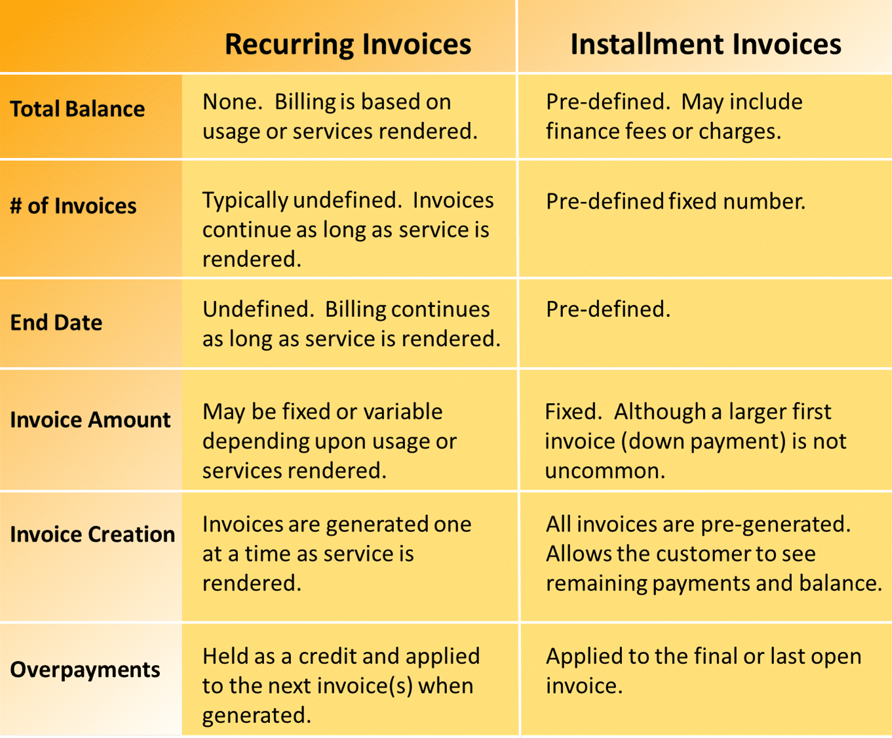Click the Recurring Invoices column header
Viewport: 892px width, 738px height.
[x=348, y=45]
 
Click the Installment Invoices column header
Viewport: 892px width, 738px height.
[x=706, y=44]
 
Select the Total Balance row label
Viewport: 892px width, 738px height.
[x=77, y=109]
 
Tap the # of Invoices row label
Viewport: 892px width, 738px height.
[x=73, y=206]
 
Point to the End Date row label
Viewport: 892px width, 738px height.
[x=56, y=322]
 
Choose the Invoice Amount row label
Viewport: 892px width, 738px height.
[x=90, y=419]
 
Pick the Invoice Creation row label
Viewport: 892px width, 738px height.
[x=92, y=534]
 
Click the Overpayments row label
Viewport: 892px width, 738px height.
[x=85, y=670]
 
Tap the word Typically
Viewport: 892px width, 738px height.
[x=245, y=201]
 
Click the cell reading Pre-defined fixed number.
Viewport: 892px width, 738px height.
[x=676, y=201]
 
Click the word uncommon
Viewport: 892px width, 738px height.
[x=605, y=471]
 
